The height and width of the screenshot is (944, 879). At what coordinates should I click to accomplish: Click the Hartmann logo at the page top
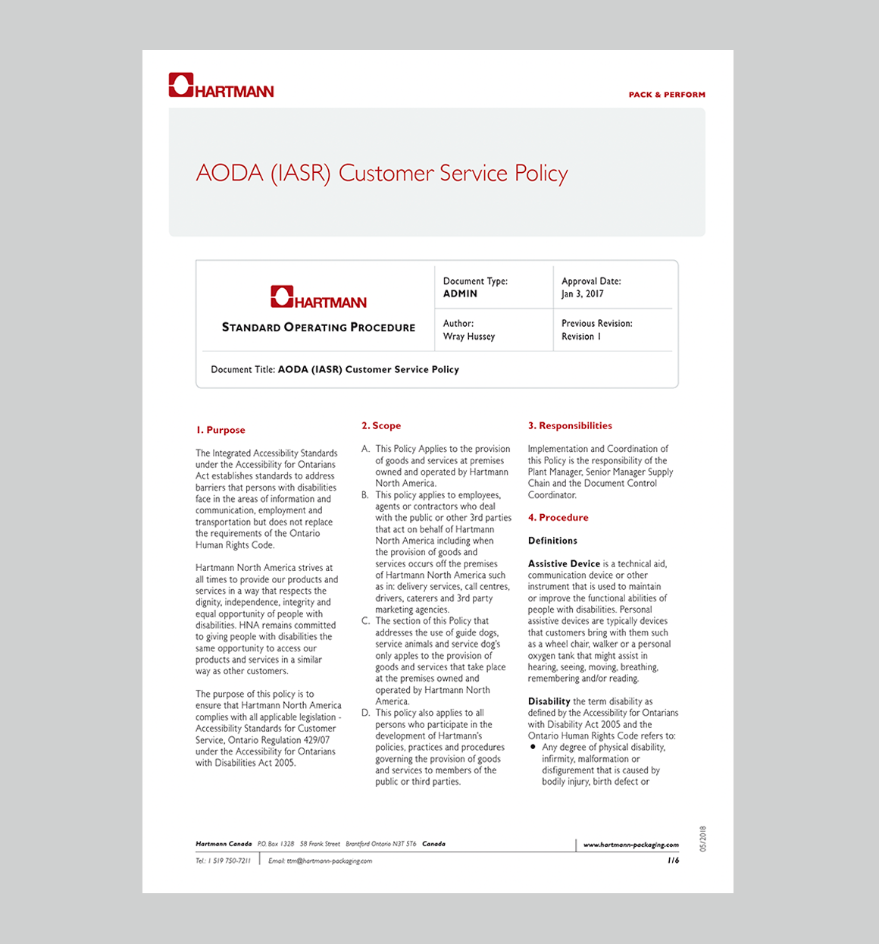(x=221, y=86)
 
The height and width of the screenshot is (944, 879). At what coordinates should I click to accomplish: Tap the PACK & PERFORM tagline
(x=667, y=95)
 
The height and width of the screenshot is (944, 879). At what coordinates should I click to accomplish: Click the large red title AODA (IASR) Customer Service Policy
(x=382, y=173)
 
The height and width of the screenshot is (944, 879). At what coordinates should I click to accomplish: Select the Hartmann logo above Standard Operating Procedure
(x=318, y=297)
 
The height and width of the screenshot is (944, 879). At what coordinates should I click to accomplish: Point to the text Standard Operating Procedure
(x=318, y=328)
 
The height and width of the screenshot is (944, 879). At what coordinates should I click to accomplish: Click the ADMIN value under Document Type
(x=460, y=294)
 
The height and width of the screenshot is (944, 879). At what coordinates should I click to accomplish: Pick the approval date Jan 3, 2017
(x=582, y=294)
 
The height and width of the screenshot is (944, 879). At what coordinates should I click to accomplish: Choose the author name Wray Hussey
(x=468, y=337)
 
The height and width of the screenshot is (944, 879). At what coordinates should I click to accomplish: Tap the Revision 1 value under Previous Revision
(x=580, y=337)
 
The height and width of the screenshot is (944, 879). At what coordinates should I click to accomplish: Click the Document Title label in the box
(x=242, y=370)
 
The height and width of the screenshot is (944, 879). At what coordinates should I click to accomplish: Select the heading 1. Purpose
(x=221, y=430)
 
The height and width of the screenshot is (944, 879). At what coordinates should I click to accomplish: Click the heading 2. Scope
(x=381, y=426)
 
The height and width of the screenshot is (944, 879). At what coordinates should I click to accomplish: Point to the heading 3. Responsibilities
(x=570, y=426)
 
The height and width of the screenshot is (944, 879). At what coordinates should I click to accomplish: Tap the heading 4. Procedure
(x=558, y=518)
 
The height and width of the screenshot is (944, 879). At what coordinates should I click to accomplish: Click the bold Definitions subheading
(x=552, y=541)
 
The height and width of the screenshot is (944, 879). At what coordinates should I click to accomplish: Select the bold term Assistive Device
(x=564, y=564)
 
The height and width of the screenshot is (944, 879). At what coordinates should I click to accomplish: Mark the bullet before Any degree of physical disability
(x=533, y=747)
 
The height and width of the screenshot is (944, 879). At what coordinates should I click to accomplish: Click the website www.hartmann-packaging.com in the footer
(x=630, y=845)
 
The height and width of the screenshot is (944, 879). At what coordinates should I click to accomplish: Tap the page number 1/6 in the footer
(x=673, y=861)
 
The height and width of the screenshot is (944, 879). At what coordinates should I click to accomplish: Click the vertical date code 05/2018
(x=702, y=839)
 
